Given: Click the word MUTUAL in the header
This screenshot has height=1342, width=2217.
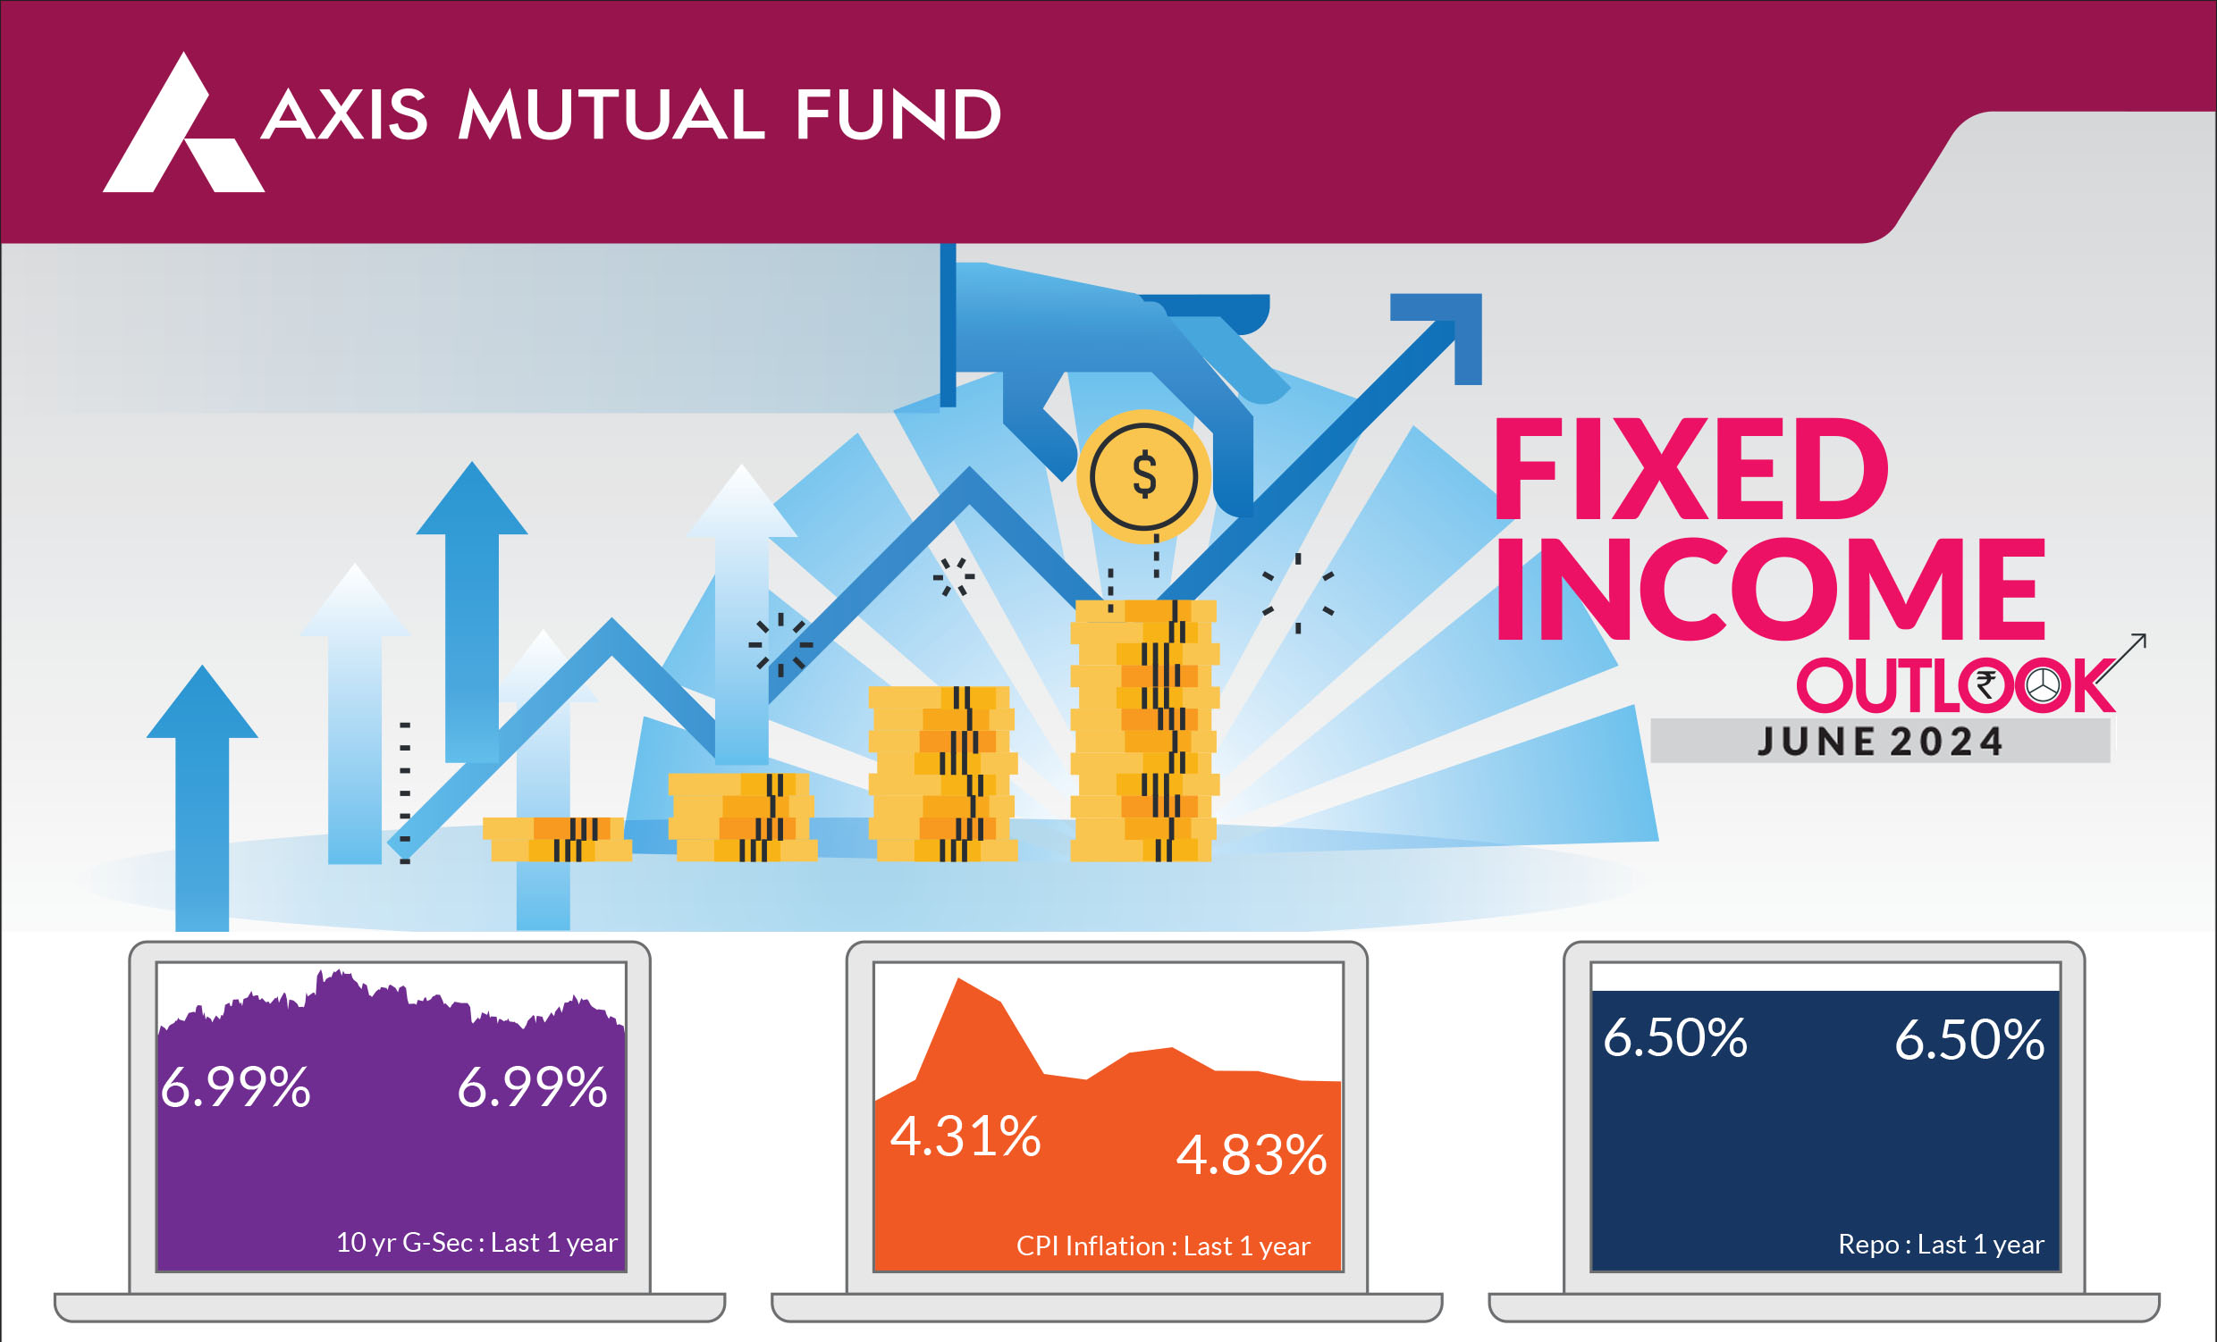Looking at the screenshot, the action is click(611, 115).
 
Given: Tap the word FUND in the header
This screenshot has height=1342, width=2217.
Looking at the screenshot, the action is click(898, 115).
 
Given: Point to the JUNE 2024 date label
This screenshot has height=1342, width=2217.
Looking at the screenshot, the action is click(1881, 742).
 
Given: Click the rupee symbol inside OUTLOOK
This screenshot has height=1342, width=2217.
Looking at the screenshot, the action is click(1985, 685).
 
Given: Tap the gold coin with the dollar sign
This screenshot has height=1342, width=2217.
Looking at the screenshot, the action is click(1143, 476).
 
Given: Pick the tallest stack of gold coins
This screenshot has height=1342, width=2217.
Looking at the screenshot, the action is click(1143, 730).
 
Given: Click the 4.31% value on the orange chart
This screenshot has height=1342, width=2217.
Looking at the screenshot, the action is click(965, 1136).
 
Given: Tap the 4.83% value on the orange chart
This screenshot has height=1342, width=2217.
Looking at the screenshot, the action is click(1252, 1155).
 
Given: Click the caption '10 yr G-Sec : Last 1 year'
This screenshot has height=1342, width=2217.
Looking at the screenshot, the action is click(476, 1243).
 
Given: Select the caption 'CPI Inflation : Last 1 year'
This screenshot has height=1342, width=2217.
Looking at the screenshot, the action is click(1162, 1246).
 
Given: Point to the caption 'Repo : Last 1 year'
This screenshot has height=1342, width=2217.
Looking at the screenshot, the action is click(1941, 1245).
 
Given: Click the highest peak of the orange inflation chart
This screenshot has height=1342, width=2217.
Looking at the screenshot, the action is click(961, 980).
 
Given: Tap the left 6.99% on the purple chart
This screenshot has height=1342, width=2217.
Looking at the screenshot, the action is click(236, 1087).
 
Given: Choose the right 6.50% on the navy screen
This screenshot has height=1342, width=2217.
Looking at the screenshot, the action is click(1969, 1040).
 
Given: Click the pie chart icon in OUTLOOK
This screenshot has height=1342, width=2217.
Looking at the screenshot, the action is click(2043, 685).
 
